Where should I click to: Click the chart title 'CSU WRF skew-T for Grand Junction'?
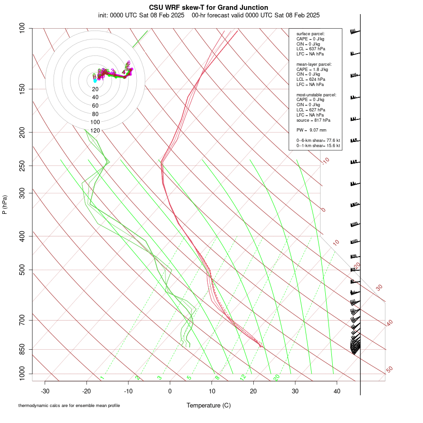click(209, 8)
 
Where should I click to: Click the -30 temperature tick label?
click(45, 391)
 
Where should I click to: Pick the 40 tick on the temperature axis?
click(337, 391)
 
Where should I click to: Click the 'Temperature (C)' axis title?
click(209, 405)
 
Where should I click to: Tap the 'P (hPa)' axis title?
click(5, 204)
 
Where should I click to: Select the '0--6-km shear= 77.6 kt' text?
click(318, 140)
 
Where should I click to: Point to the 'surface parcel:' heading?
click(310, 34)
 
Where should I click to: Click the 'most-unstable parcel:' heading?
click(316, 94)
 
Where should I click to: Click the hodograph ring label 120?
click(95, 130)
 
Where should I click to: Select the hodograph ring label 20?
click(95, 89)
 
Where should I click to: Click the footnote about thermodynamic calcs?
click(69, 405)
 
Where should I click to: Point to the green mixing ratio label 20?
click(276, 377)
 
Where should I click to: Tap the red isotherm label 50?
click(389, 369)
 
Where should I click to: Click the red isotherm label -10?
click(325, 161)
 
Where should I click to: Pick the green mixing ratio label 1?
click(102, 378)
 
